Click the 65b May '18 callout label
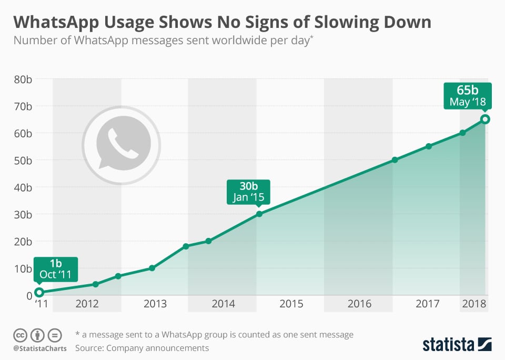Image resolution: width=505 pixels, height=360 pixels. click(x=467, y=96)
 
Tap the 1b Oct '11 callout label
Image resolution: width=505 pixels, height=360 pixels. click(x=56, y=269)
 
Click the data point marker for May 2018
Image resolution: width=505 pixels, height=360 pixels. click(x=485, y=119)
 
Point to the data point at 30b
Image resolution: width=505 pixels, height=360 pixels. click(x=259, y=214)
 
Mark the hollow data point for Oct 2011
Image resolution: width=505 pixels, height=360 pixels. click(x=39, y=292)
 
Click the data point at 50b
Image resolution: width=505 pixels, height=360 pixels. click(x=395, y=159)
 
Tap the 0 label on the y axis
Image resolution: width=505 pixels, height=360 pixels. click(x=29, y=295)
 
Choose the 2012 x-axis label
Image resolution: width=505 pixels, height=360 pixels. click(x=87, y=304)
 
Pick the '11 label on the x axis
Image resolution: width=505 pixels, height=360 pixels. click(x=41, y=304)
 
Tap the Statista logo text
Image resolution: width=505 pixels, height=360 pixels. click(x=449, y=345)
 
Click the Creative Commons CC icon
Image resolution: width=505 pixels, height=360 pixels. click(x=21, y=335)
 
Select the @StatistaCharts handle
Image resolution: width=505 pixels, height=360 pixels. click(x=40, y=348)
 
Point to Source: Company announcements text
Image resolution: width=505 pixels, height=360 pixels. click(x=142, y=348)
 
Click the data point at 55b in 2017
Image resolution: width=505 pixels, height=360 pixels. click(x=429, y=146)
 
